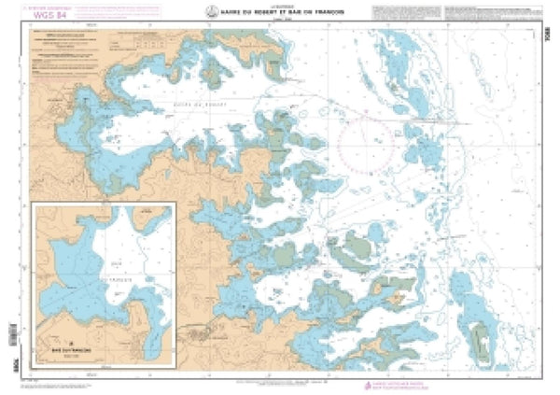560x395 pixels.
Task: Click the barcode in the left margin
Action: pos(11,332)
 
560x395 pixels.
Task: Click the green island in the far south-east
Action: pos(482,341)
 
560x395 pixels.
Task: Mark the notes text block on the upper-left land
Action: pos(70,48)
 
